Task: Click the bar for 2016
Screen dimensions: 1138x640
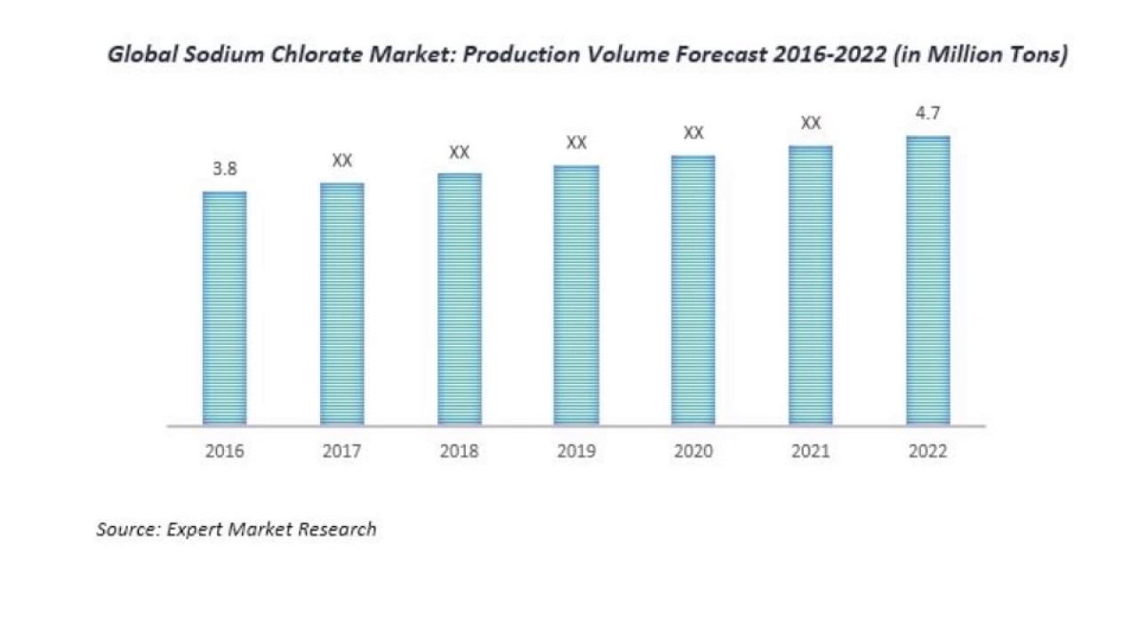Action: click(225, 308)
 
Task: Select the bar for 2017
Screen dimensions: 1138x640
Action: click(342, 304)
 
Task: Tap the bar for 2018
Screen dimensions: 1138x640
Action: click(460, 300)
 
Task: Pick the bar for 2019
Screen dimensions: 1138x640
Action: click(576, 295)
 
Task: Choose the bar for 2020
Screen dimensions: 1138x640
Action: click(693, 291)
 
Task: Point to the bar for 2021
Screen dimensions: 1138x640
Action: click(811, 285)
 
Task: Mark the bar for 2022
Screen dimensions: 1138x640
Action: click(928, 280)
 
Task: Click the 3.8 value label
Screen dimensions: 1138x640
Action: click(225, 169)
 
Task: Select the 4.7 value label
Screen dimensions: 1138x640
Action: click(927, 113)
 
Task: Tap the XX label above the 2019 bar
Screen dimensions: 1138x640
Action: click(577, 143)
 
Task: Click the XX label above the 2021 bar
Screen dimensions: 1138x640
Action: click(811, 123)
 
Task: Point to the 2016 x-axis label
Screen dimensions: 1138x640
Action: click(225, 451)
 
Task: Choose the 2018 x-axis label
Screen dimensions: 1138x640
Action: click(460, 451)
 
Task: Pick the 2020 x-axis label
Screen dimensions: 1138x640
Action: click(693, 451)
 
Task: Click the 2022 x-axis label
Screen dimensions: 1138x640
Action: click(928, 451)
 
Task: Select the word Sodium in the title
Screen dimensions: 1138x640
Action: click(223, 54)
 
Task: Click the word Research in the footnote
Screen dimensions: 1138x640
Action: click(337, 529)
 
